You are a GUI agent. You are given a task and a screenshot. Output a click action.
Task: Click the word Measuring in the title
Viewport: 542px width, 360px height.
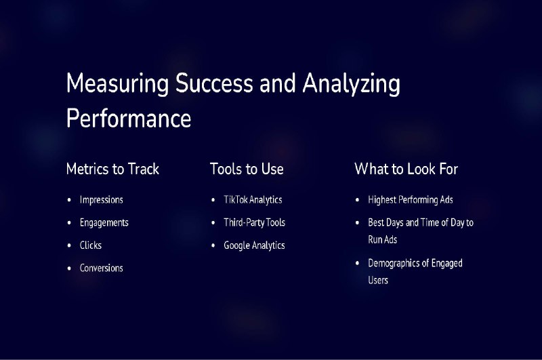point(117,84)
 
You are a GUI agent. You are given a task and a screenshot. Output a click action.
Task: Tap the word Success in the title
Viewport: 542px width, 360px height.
point(214,83)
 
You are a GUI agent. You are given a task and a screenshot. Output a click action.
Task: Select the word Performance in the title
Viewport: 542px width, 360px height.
point(129,118)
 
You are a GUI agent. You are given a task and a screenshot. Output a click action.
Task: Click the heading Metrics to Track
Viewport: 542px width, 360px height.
point(112,169)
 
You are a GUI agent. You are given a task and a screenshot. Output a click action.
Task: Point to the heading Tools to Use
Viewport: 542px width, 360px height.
point(247,169)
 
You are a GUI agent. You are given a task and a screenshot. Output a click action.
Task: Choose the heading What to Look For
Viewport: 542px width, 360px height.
point(406,169)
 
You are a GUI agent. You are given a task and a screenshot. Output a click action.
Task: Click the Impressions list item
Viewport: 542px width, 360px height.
point(101,200)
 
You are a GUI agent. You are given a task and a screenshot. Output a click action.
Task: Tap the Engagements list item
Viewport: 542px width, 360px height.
point(104,222)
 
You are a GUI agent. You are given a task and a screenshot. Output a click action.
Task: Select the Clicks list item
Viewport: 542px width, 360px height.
point(91,245)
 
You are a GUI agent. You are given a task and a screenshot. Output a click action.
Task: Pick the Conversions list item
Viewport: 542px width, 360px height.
point(101,268)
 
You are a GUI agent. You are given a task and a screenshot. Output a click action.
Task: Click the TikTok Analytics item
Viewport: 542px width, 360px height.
point(253,200)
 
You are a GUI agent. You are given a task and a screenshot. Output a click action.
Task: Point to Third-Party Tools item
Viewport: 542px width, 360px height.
point(255,222)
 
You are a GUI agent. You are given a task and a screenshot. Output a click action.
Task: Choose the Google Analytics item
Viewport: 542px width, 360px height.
point(254,245)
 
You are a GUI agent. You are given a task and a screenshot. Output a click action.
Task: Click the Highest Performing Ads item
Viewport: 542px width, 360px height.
point(411,200)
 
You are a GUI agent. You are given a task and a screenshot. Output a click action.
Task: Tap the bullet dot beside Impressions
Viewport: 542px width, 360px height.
point(69,200)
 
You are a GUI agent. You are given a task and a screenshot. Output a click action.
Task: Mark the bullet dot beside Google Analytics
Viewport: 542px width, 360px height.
point(213,245)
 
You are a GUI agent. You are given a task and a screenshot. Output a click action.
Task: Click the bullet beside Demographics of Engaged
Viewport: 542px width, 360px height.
point(358,263)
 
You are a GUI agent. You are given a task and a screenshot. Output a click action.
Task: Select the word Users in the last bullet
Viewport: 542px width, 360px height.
point(378,280)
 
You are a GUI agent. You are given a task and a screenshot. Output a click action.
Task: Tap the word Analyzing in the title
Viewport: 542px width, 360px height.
point(351,84)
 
